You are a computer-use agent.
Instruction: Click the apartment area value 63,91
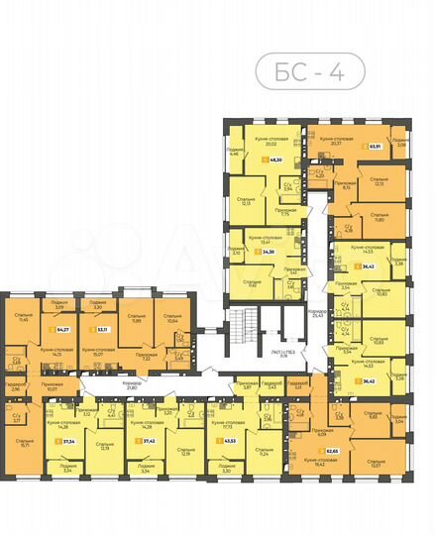(376, 147)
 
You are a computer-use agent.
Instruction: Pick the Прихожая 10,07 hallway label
(52, 385)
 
